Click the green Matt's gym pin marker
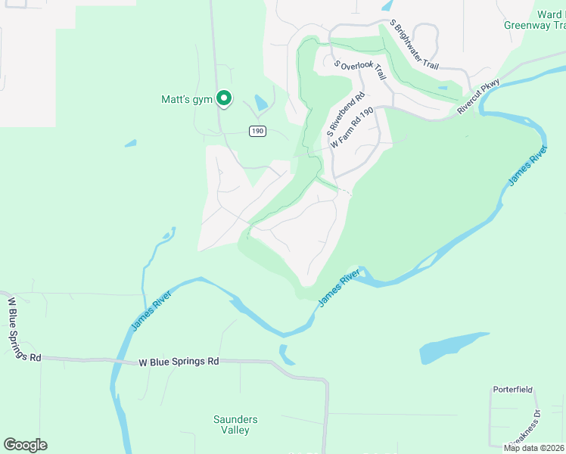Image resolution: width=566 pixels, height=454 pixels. point(224,98)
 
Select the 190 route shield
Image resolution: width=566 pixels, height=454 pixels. point(258,131)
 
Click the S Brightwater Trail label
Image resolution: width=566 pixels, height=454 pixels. point(414,45)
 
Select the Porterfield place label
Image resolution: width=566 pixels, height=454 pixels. point(513,390)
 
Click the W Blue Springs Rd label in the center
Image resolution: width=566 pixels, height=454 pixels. point(179,362)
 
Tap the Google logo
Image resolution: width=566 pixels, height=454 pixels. point(25,444)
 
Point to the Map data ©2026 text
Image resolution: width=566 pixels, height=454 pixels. point(534,447)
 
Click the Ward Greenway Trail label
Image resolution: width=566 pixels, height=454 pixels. point(536,20)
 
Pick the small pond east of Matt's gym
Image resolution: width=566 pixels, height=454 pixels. point(261,101)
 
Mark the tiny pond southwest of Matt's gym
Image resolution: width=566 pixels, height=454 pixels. point(130,142)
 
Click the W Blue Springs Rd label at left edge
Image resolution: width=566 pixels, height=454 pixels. point(20,330)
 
